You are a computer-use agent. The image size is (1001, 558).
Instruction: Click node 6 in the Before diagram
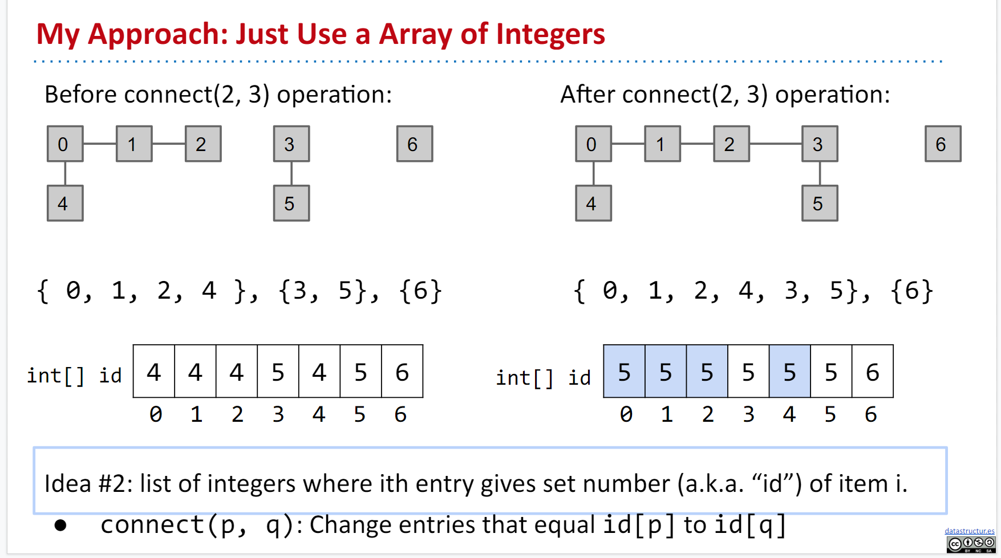(415, 144)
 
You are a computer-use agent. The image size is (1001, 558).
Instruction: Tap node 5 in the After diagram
(820, 203)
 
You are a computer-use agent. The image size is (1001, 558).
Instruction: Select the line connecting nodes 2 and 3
(775, 144)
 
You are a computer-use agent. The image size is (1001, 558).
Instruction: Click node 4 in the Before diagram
(65, 203)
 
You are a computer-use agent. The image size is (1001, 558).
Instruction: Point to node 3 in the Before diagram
(291, 144)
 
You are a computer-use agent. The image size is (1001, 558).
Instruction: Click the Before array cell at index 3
(278, 372)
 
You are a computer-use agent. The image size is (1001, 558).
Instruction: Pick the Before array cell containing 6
(402, 372)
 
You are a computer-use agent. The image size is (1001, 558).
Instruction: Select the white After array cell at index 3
(748, 372)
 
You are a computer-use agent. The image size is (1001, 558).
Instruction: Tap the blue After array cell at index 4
(789, 372)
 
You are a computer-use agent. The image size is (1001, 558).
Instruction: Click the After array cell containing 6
(873, 372)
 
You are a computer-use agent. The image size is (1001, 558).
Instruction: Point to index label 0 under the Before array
(155, 414)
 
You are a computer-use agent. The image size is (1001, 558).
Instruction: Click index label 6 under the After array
(870, 414)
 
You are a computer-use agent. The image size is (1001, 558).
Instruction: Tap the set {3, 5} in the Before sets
(323, 291)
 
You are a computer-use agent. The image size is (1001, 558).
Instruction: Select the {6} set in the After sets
(911, 291)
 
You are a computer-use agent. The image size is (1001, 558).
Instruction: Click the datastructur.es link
(969, 531)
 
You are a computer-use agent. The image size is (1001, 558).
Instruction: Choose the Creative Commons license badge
(971, 544)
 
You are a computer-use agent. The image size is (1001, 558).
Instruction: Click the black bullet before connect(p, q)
(60, 525)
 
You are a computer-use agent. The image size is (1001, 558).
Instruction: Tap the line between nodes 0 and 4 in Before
(65, 173)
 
